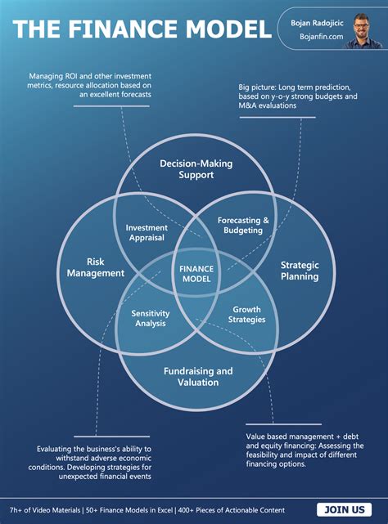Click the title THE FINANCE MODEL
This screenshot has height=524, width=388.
142,29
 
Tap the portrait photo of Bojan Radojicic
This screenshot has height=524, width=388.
363,29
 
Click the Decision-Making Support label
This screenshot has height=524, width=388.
196,169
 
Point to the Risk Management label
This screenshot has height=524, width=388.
94,267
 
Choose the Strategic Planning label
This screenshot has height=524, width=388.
300,271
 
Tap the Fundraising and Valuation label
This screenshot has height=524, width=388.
197,376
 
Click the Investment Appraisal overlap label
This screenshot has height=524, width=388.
146,233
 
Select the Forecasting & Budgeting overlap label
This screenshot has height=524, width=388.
243,226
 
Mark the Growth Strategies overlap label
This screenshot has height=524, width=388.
247,315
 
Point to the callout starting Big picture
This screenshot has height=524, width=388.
298,96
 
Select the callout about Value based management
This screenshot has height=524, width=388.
305,450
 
